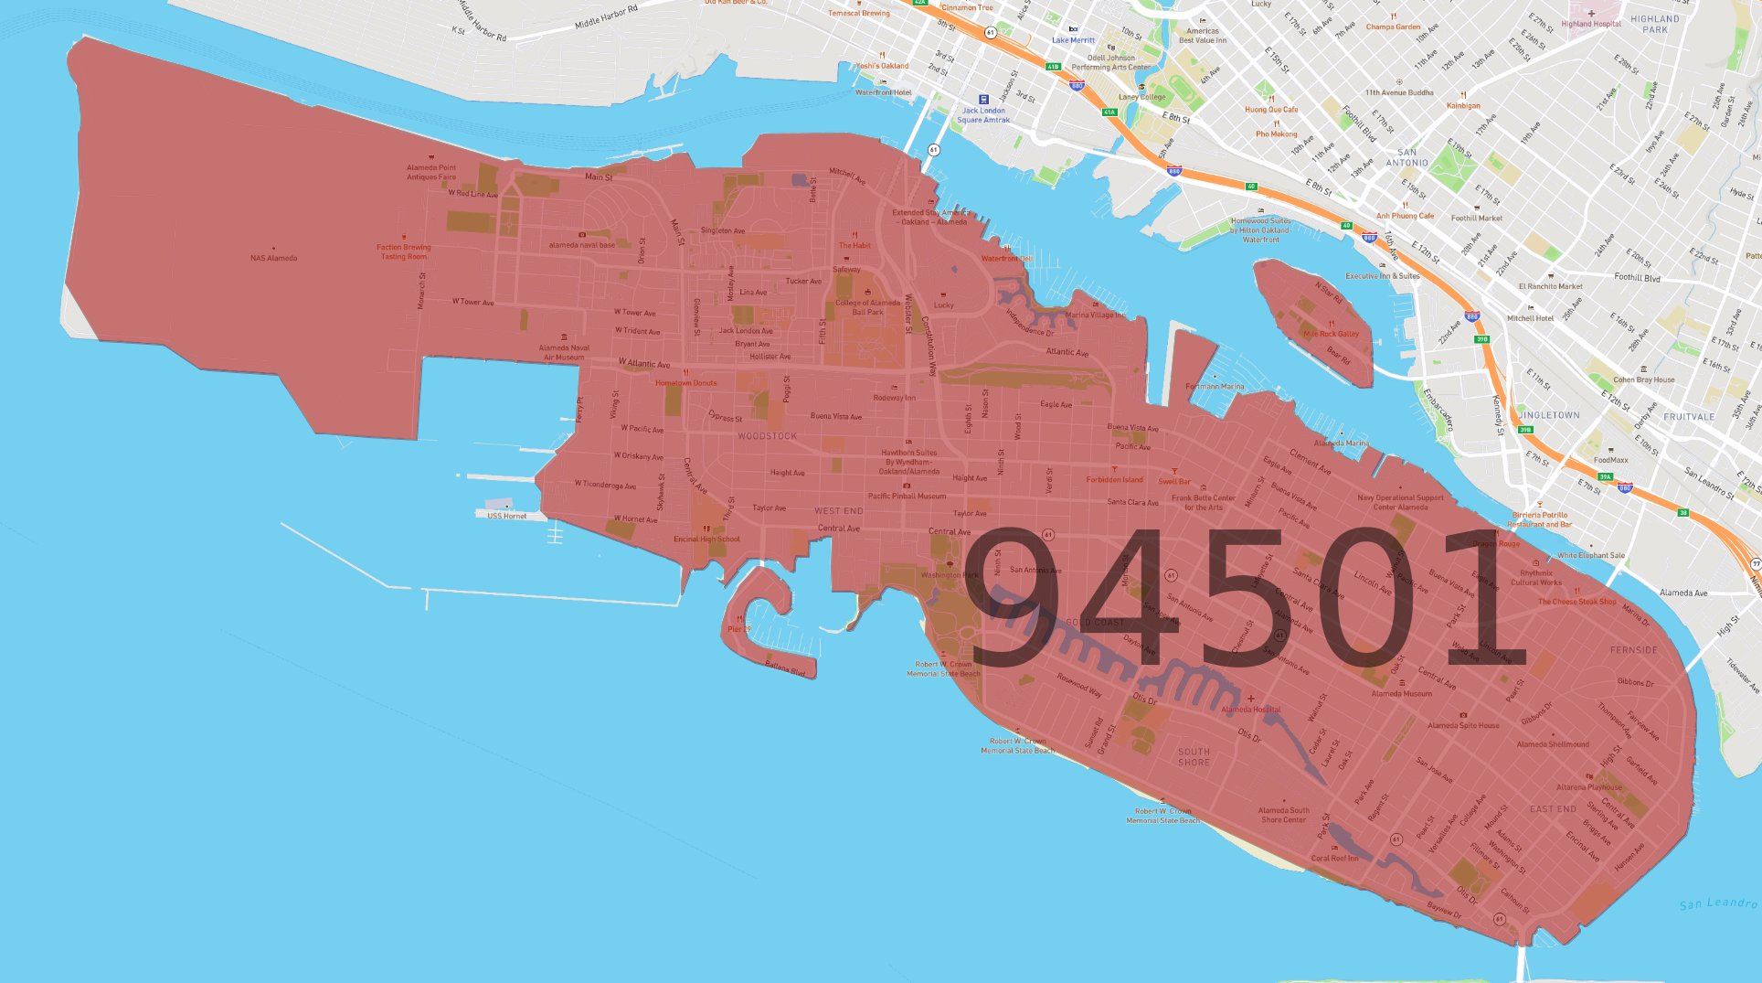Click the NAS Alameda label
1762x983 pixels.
click(273, 258)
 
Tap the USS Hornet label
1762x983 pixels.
click(506, 516)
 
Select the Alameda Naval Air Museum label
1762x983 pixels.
click(564, 352)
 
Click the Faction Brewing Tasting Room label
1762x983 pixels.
click(403, 251)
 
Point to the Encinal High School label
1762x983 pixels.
click(706, 539)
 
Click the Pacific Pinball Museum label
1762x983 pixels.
click(907, 496)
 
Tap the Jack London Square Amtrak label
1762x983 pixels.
click(983, 115)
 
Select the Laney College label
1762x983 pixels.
click(1141, 97)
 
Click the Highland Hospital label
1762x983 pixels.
click(1591, 24)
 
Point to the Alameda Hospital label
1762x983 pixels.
click(1251, 709)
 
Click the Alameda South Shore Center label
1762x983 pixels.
click(1283, 815)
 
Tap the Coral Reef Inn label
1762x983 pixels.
click(1334, 858)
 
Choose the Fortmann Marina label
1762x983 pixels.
click(1215, 386)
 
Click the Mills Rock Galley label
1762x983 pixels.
click(1331, 334)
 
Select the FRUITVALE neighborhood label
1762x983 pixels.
click(1689, 416)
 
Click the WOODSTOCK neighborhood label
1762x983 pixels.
click(767, 436)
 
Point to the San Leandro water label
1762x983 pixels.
click(1718, 903)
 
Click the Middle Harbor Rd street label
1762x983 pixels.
click(606, 16)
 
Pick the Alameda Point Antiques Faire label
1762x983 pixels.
click(431, 172)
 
